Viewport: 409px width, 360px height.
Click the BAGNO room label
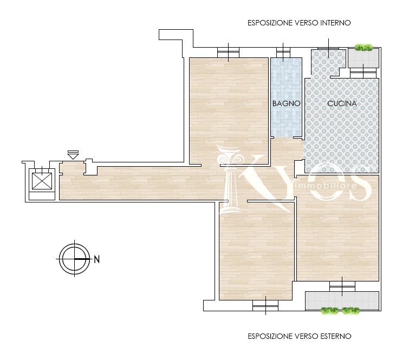click(x=286, y=103)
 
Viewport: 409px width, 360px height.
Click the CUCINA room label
click(x=342, y=103)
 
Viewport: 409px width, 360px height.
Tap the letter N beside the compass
click(x=97, y=260)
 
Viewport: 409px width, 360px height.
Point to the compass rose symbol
click(x=75, y=259)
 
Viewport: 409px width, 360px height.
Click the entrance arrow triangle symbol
click(x=73, y=156)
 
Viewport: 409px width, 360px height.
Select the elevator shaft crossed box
click(x=42, y=181)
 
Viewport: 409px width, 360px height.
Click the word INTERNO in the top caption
click(x=335, y=23)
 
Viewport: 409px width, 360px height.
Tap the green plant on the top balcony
click(x=363, y=48)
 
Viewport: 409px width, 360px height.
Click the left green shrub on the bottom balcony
click(x=330, y=311)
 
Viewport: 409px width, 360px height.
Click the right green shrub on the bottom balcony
click(x=350, y=311)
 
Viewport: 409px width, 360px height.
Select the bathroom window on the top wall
click(x=283, y=53)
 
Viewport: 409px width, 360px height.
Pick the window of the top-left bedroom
click(x=228, y=53)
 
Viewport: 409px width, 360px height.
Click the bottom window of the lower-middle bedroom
click(x=265, y=305)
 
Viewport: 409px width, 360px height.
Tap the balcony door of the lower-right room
click(x=342, y=286)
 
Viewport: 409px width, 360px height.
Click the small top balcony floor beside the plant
click(x=363, y=58)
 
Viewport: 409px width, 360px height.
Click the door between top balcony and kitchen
click(x=363, y=73)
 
